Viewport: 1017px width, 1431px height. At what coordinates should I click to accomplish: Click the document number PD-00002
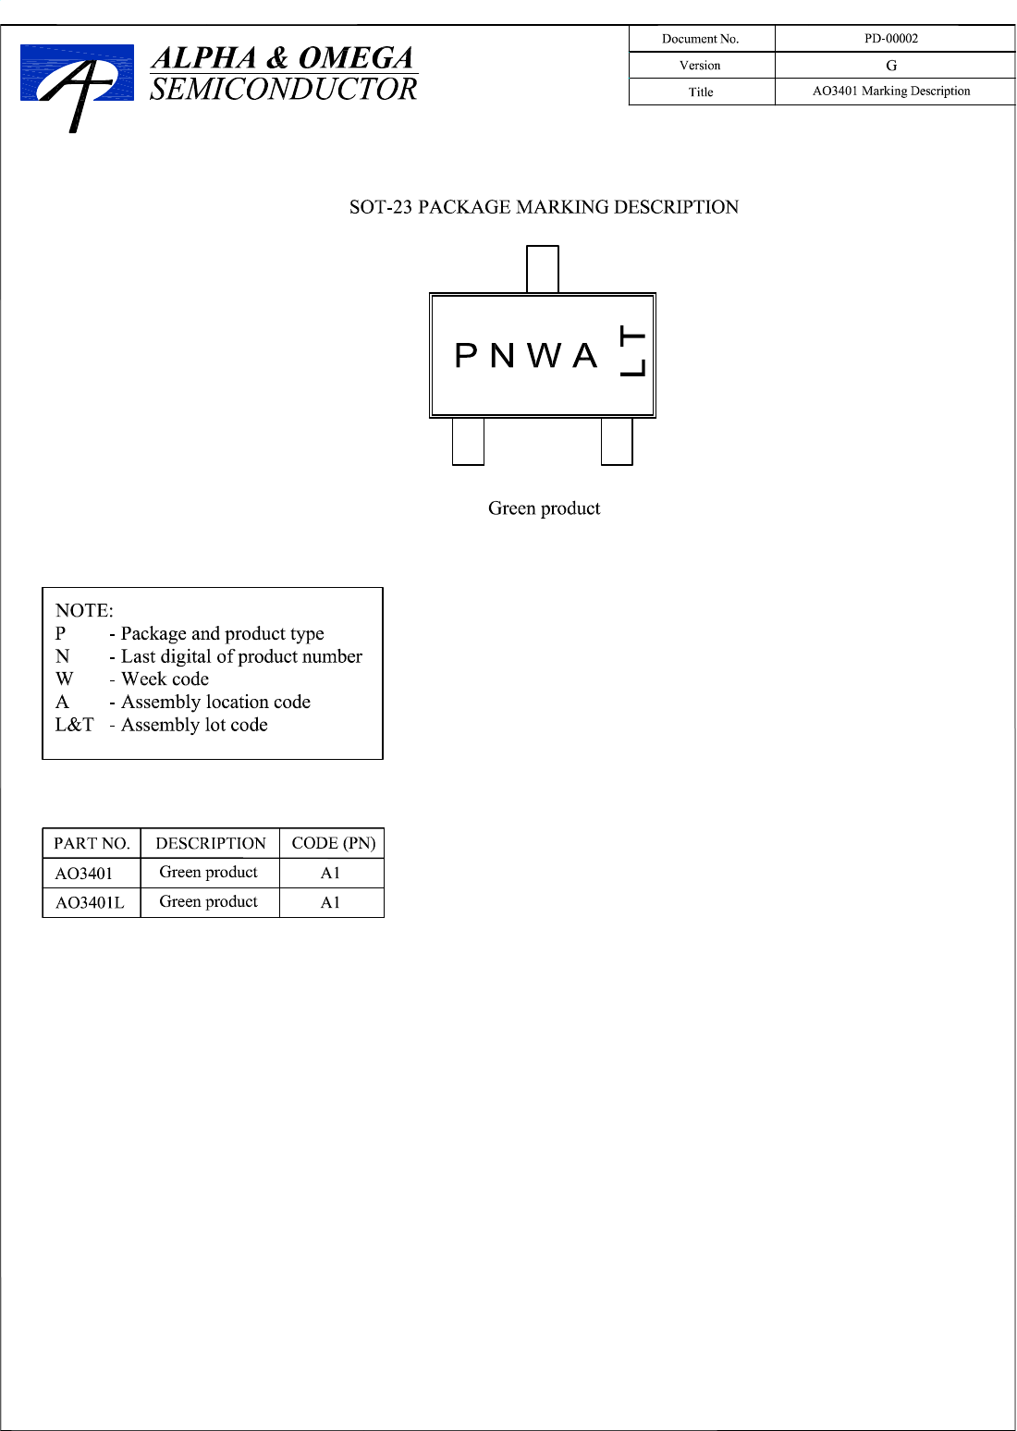click(x=891, y=39)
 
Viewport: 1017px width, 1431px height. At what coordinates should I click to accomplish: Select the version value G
click(x=891, y=66)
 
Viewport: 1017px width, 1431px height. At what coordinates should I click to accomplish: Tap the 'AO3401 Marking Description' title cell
click(x=891, y=92)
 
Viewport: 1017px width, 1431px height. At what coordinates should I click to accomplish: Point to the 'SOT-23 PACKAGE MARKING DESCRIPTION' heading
click(x=544, y=207)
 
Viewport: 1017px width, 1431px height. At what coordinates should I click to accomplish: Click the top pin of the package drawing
click(x=543, y=269)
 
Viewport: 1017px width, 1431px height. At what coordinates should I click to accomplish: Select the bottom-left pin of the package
click(x=468, y=441)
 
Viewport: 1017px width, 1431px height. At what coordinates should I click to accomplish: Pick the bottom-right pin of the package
click(x=617, y=441)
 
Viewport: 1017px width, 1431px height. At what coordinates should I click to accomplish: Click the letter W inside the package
click(x=545, y=356)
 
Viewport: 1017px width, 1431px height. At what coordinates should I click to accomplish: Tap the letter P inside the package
click(x=466, y=356)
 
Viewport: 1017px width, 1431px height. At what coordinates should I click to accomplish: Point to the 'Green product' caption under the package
click(x=544, y=508)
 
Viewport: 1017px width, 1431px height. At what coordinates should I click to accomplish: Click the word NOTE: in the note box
click(x=84, y=610)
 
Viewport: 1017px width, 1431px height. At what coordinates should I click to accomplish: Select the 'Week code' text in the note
click(x=165, y=679)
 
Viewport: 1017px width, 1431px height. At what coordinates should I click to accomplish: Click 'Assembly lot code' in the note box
click(x=194, y=725)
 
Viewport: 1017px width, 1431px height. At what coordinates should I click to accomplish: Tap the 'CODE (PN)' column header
click(x=333, y=843)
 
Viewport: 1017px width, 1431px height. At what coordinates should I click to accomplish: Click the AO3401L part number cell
click(x=90, y=902)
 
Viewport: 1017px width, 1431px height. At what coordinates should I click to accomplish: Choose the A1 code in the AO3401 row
click(x=330, y=873)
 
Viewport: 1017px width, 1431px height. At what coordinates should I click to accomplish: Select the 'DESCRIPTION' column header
click(x=210, y=843)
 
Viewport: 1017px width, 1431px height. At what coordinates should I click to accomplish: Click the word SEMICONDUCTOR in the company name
click(x=283, y=90)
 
